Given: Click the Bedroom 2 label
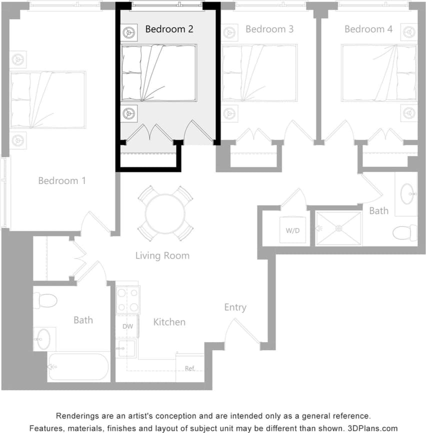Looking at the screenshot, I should pos(169,29).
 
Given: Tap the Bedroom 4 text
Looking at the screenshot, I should pos(368,29).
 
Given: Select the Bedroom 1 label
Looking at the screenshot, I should pos(62,180).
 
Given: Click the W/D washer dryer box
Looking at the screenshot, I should pos(292,231).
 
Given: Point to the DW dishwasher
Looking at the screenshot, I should pos(127,326).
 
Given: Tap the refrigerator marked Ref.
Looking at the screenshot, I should pos(190,368).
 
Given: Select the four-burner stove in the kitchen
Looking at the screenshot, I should pos(127,299).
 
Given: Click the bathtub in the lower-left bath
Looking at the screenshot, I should pos(79,367).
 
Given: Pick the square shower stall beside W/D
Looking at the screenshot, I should pos(338,228).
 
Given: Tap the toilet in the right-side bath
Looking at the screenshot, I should pos(404,232).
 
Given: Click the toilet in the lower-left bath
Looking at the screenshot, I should pos(45,300).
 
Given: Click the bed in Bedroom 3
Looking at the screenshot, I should pos(259,73).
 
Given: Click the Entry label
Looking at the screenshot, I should pos(235,307).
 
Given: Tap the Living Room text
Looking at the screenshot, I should pos(162,255).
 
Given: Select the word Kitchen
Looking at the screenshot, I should pos(169,322).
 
